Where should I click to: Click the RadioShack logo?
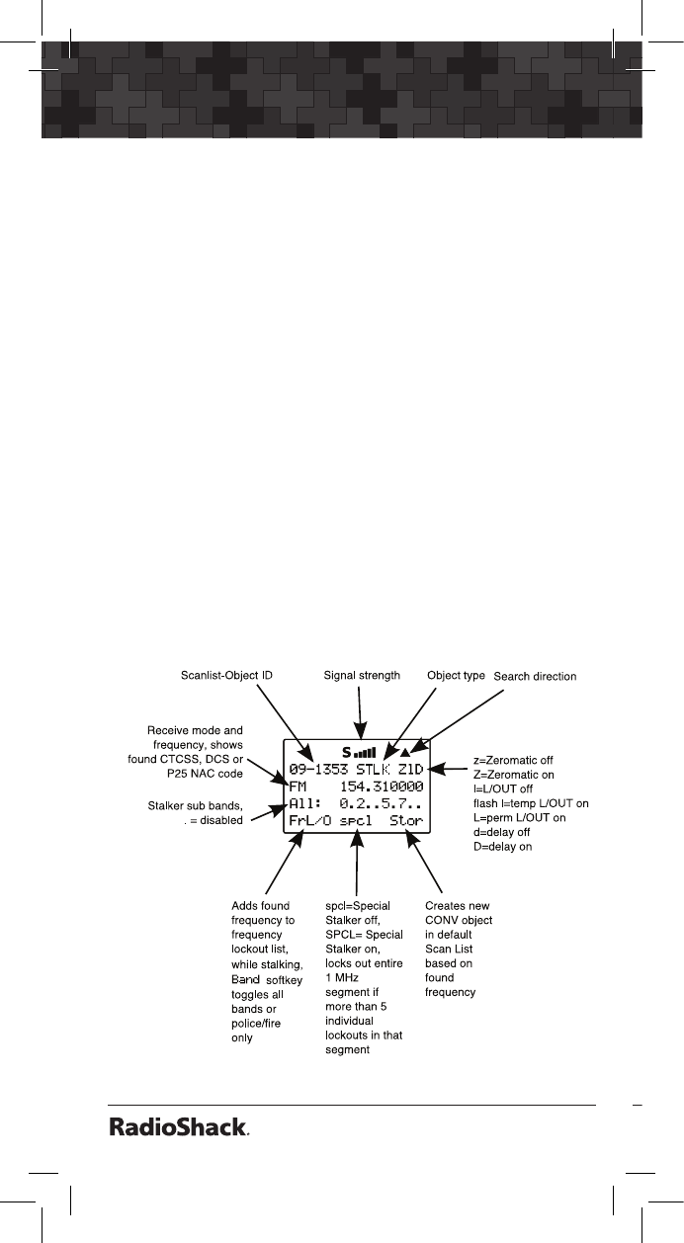(179, 1128)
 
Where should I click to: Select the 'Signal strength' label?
(362, 676)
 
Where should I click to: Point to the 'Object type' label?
(456, 676)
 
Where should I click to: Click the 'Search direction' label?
(535, 677)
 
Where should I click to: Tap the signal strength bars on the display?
(365, 752)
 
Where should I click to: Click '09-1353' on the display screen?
(319, 768)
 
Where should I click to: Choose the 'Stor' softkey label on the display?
(406, 820)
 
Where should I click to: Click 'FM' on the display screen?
(299, 787)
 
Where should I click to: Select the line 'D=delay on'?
(504, 846)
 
